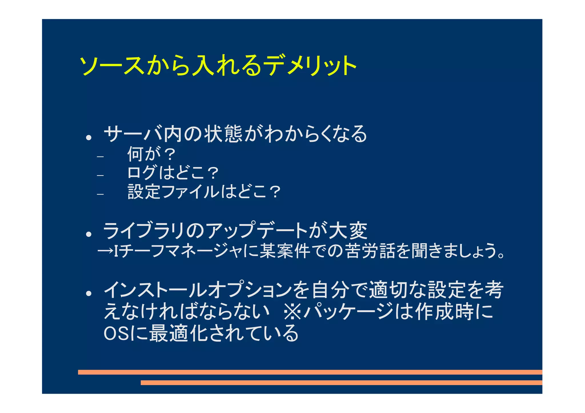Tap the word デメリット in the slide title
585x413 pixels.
coord(310,66)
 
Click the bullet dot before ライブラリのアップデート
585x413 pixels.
coord(89,234)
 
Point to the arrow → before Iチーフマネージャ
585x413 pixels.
coord(105,251)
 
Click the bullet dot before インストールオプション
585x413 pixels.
coord(89,293)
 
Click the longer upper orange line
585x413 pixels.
coord(310,372)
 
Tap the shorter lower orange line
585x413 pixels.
coord(341,382)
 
